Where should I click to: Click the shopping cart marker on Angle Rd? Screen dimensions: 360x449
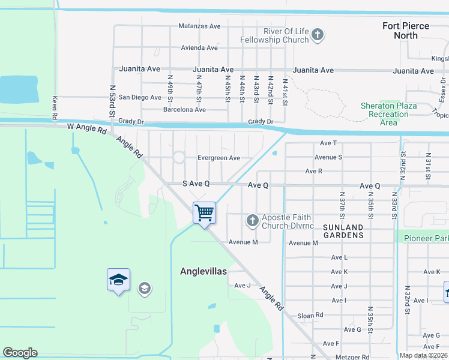205,214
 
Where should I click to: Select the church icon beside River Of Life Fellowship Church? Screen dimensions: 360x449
318,35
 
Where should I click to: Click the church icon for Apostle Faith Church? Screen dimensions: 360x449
252,221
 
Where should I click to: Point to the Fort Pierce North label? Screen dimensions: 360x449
406,31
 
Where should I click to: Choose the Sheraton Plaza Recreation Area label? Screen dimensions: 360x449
388,114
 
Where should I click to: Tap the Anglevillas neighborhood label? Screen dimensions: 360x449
203,271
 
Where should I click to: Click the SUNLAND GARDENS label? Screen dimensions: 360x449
343,231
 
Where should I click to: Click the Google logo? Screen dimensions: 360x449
20,353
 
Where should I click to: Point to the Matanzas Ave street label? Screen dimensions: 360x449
199,26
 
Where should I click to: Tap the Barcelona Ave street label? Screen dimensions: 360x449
184,110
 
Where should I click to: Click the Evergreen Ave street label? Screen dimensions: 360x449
218,158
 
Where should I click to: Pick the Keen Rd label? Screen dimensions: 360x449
55,107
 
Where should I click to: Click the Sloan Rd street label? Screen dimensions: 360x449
310,315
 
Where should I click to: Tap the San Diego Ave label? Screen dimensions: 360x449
140,97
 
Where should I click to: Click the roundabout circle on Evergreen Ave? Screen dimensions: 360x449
179,158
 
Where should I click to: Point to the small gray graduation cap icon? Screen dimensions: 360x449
144,289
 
